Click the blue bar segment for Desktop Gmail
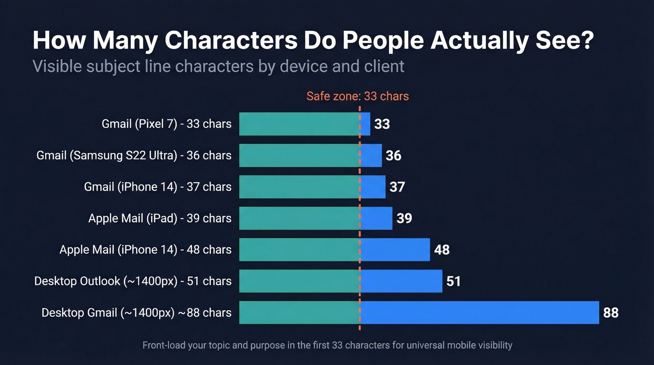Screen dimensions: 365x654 [x=479, y=312]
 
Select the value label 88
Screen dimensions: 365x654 [x=611, y=313]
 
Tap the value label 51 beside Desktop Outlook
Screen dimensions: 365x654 [x=453, y=281]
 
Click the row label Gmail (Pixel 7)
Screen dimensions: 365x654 [x=166, y=124]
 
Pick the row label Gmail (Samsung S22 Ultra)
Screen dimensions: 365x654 [x=134, y=155]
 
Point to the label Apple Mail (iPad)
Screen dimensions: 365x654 [x=160, y=218]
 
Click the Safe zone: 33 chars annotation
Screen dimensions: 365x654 [x=357, y=96]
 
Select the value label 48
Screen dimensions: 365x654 [x=441, y=250]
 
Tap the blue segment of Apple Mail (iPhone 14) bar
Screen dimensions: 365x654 [x=395, y=250]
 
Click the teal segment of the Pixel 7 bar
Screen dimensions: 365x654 [x=299, y=124]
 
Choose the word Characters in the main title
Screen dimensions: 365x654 [x=231, y=41]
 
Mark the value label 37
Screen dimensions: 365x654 [x=397, y=187]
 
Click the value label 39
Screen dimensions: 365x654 [x=404, y=218]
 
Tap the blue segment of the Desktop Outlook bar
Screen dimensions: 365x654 [x=401, y=281]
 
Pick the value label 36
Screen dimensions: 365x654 [x=393, y=155]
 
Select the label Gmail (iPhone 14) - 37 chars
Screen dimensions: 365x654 [x=157, y=187]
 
